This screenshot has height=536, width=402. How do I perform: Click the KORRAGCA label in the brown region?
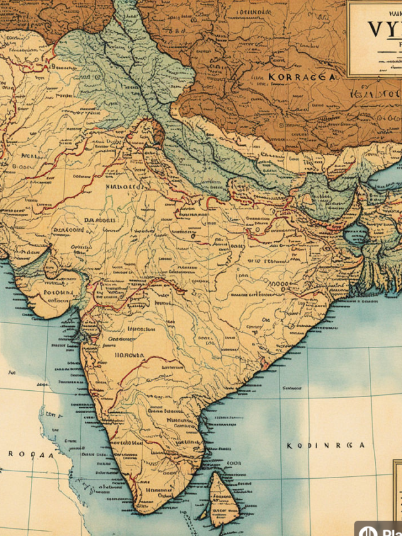(301, 76)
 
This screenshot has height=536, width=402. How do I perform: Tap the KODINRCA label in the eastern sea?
(326, 445)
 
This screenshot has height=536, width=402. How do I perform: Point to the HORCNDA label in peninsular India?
(129, 355)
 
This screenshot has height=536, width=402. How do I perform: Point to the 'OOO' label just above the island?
(233, 463)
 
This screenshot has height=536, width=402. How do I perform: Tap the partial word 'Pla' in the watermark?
(389, 530)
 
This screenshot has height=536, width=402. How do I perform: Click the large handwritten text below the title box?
(377, 93)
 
